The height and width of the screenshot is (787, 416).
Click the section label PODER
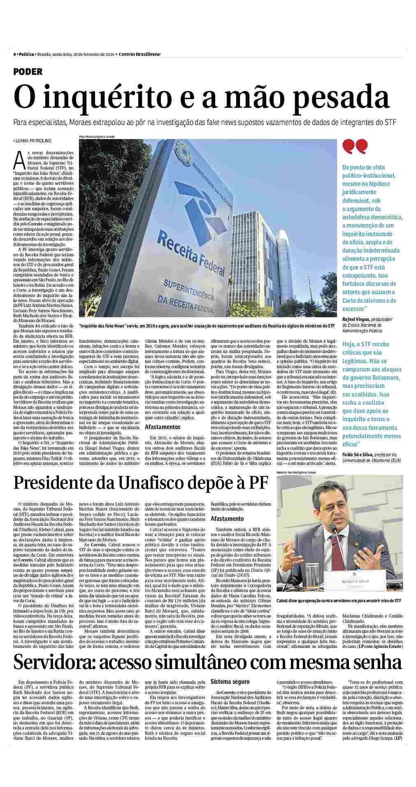click(x=28, y=72)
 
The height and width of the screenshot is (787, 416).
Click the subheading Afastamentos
click(x=163, y=427)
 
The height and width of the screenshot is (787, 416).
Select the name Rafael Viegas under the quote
click(x=355, y=319)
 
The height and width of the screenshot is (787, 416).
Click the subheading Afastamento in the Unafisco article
click(x=227, y=519)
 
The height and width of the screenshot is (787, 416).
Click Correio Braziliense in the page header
click(x=140, y=54)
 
